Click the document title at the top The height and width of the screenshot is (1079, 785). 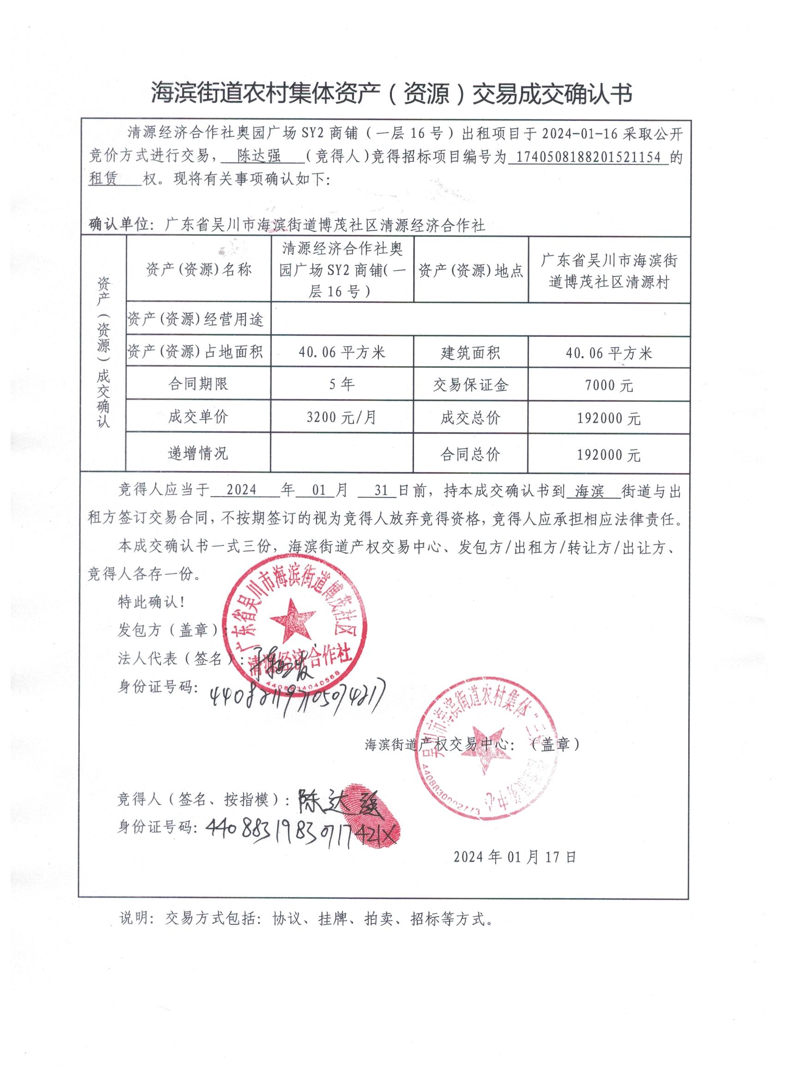[391, 93]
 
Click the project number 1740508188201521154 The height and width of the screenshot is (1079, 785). [588, 157]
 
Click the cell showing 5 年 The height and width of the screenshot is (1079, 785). [342, 384]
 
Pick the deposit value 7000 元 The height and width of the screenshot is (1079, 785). [609, 385]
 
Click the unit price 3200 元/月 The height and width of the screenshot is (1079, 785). [341, 417]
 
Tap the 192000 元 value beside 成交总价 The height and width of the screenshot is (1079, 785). [609, 418]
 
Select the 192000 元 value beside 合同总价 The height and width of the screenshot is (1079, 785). [609, 455]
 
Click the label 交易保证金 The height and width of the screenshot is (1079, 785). [471, 385]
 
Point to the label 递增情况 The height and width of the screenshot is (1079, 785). [198, 453]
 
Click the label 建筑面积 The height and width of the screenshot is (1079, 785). [471, 353]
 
